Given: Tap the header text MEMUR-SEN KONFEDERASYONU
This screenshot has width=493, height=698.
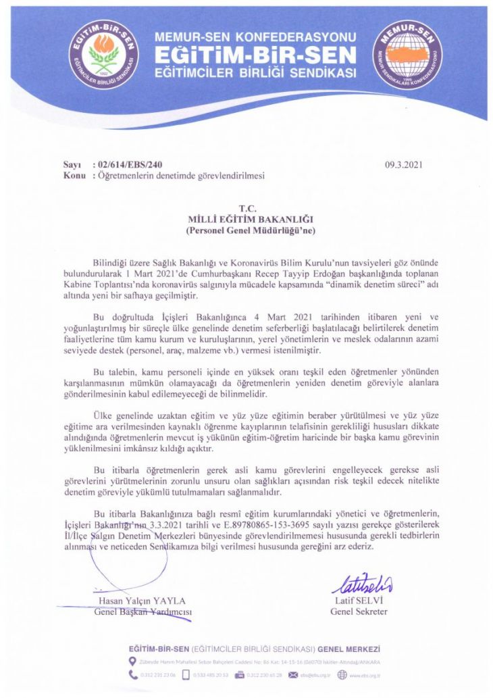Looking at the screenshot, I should pyautogui.click(x=256, y=35).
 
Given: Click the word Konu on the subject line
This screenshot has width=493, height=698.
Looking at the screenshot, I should pyautogui.click(x=74, y=175).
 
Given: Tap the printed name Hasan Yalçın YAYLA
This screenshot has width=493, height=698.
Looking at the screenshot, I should pyautogui.click(x=142, y=601).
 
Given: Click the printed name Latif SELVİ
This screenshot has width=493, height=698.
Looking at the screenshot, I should pyautogui.click(x=358, y=601).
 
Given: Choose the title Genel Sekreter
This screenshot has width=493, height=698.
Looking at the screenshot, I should pyautogui.click(x=359, y=612).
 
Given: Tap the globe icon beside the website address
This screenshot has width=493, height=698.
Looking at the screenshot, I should pyautogui.click(x=342, y=674).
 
